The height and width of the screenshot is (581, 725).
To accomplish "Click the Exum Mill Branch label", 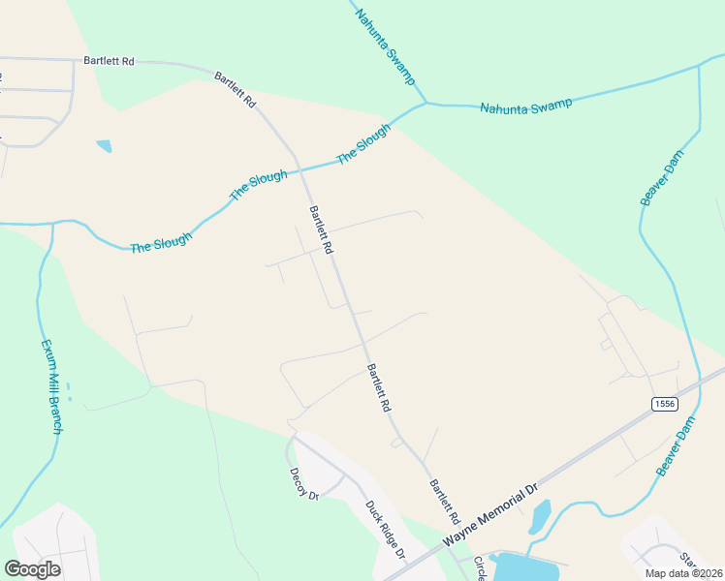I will [50, 386].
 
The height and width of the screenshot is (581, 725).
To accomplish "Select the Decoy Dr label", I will [303, 483].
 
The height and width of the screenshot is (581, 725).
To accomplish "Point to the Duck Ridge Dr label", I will [384, 530].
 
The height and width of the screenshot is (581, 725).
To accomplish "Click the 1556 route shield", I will [663, 404].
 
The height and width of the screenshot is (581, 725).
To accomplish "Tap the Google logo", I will [32, 569].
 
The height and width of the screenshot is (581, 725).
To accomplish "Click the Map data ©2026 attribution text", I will [683, 573].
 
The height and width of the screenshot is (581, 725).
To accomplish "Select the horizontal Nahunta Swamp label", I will [525, 105].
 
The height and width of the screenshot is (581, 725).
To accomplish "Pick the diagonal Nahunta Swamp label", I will [385, 46].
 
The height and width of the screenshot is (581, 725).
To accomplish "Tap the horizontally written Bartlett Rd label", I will [109, 61].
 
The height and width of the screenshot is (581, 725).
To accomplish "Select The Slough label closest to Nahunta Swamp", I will [362, 144].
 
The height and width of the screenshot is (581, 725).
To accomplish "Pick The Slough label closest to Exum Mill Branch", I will [161, 242].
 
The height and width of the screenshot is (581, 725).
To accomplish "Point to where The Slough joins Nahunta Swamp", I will [425, 102].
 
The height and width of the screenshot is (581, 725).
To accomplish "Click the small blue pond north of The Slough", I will [105, 146].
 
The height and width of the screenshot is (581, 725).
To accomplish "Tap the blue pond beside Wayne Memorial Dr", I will [541, 516].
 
